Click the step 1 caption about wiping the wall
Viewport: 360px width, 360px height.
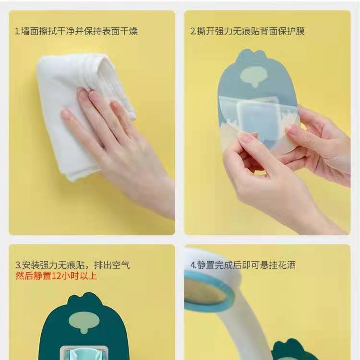(x=76, y=31)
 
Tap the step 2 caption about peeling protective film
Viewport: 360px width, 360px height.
(x=247, y=31)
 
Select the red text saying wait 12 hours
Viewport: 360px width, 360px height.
(x=56, y=276)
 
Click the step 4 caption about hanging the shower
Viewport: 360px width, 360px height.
(x=243, y=265)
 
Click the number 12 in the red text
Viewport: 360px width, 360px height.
(x=56, y=276)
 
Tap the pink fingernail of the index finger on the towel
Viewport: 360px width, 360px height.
(x=82, y=93)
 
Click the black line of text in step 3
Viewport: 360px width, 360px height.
(x=72, y=265)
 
